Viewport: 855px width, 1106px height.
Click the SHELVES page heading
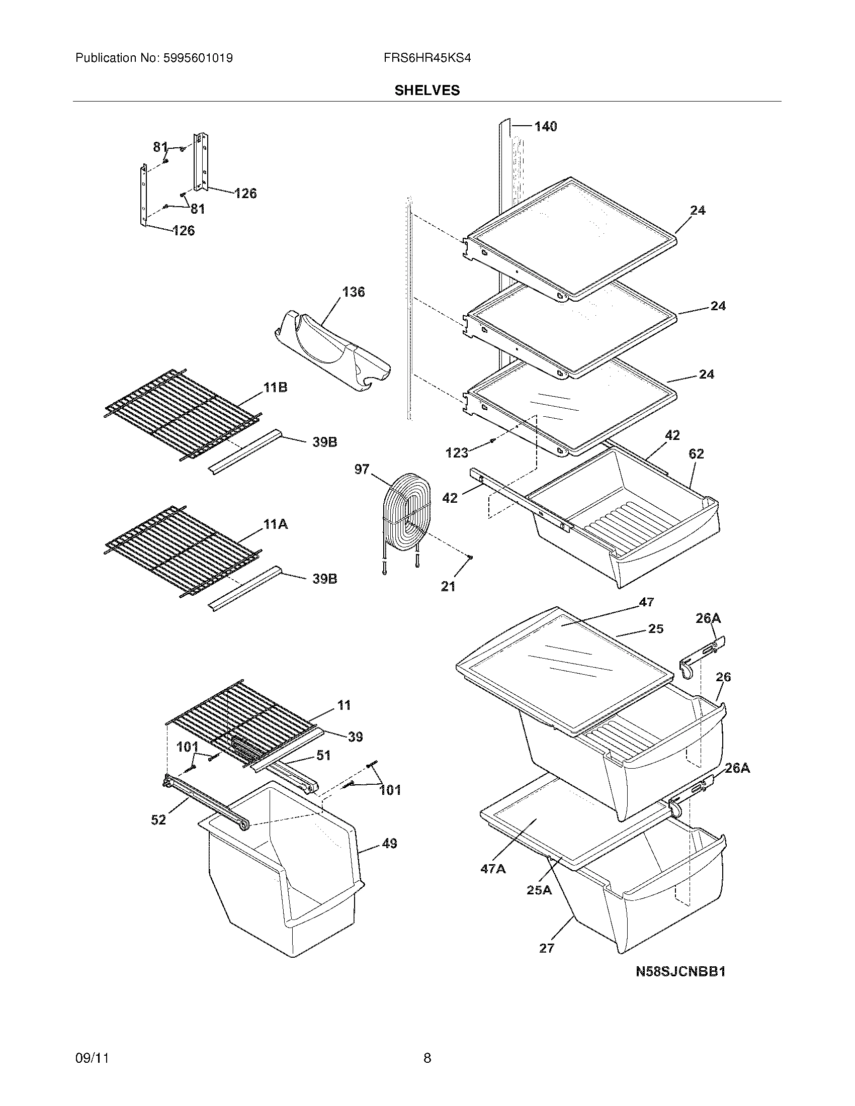427,90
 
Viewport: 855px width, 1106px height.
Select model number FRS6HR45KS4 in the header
427,58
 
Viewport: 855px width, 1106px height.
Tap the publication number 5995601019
197,58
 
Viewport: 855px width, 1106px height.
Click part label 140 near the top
546,126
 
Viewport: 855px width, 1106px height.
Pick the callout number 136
353,292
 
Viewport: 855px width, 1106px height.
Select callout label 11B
275,388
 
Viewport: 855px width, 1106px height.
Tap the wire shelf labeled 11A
183,552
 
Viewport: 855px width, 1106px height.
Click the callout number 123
456,453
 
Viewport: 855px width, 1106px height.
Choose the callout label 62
696,454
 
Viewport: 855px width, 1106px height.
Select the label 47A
493,869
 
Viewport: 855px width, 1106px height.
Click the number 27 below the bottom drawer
547,948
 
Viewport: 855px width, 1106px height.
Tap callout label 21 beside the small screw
448,586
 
